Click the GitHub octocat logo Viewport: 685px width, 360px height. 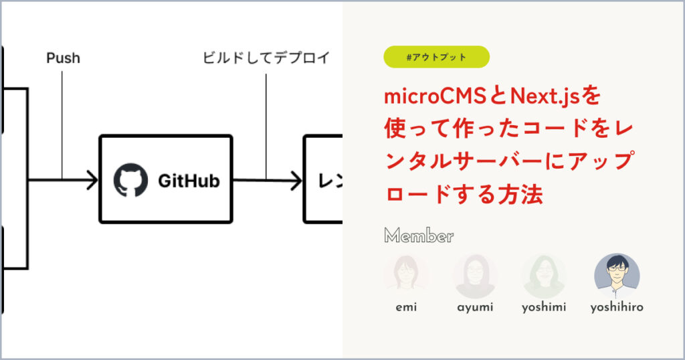pos(130,180)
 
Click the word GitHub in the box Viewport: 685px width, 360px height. pos(189,180)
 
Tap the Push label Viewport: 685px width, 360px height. pos(63,58)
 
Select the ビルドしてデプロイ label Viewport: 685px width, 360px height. pos(266,58)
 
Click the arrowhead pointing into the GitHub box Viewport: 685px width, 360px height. pos(91,179)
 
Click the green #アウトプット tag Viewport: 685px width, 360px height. pos(436,57)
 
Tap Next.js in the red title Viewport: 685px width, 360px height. pos(545,97)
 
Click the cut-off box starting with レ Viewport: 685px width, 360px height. pos(324,179)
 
